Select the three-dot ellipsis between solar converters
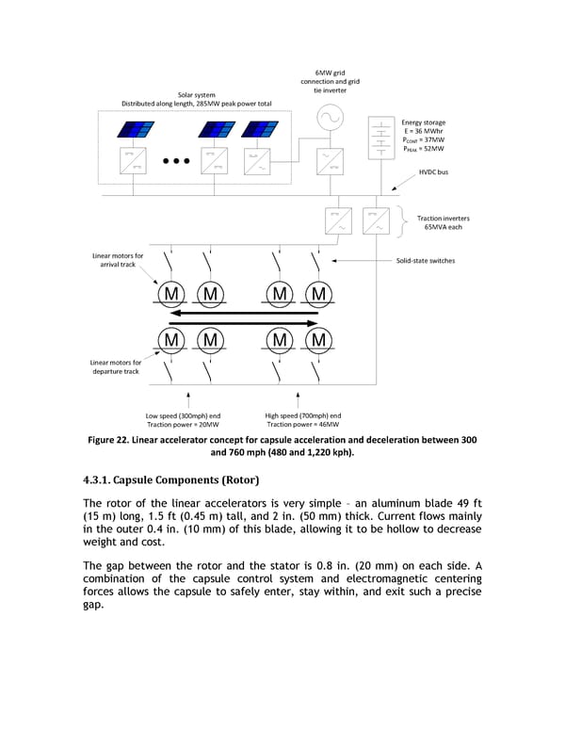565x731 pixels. (176, 161)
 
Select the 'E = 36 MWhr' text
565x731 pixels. (423, 131)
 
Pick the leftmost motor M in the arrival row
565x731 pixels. (171, 294)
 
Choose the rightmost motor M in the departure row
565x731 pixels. (318, 339)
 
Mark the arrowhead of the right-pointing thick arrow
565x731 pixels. (312, 322)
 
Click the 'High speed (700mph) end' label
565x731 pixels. (303, 415)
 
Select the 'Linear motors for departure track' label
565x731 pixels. (116, 366)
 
